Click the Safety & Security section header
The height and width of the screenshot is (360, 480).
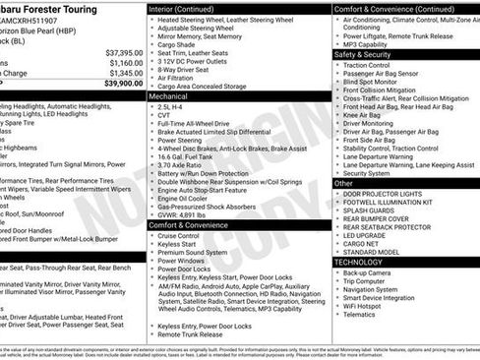[x=363, y=55]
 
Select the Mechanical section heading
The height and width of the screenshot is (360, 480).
[x=171, y=97]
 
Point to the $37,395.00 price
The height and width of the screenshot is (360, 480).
[x=124, y=52]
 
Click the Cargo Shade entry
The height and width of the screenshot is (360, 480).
[x=176, y=44]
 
